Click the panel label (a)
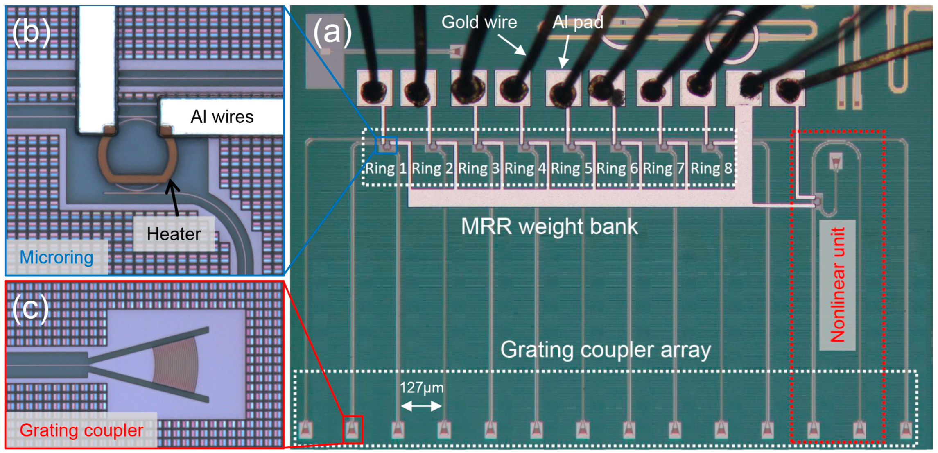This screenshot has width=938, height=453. click(x=332, y=32)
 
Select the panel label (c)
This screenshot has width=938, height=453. click(x=30, y=309)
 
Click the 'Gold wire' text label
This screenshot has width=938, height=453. click(x=479, y=22)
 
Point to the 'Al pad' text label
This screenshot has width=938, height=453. click(x=577, y=22)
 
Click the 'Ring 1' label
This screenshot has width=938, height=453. click(x=385, y=168)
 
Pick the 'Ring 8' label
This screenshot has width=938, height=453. click(x=711, y=168)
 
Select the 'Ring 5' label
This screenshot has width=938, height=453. click(x=571, y=168)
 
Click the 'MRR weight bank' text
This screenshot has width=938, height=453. click(x=549, y=226)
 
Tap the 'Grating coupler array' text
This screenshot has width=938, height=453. click(x=605, y=350)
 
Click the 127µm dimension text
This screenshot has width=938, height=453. click(x=421, y=387)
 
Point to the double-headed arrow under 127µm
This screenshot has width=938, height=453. click(x=421, y=406)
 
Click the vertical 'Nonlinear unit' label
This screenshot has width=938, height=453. click(x=837, y=285)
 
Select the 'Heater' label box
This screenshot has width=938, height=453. click(x=174, y=234)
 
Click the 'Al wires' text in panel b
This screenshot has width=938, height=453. click(x=222, y=117)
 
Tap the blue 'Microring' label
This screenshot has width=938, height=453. click(x=57, y=258)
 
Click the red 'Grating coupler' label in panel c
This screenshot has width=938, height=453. click(x=81, y=430)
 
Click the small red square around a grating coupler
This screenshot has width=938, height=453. click(x=353, y=430)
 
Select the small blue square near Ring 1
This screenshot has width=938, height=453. click(x=386, y=145)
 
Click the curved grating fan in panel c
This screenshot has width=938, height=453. click(x=176, y=365)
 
